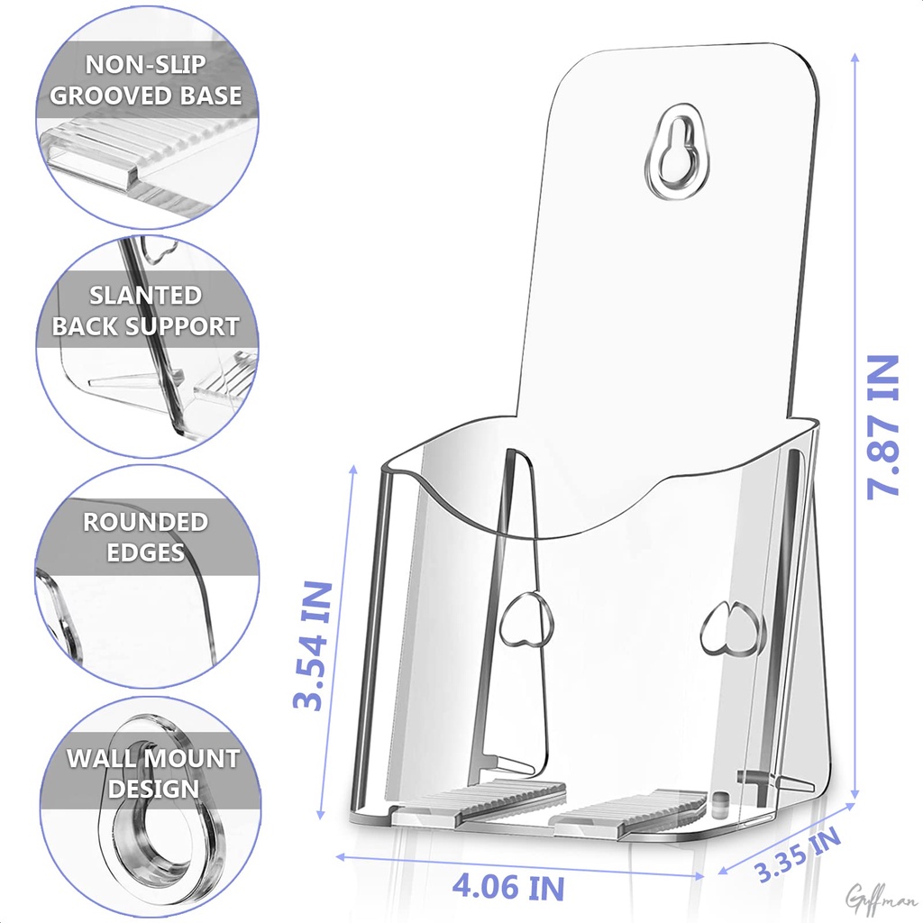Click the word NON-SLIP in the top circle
click(146, 64)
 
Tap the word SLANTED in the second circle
click(145, 296)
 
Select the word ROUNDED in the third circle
click(146, 522)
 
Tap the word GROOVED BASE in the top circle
click(146, 95)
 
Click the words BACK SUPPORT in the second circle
click(146, 326)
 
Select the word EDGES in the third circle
click(146, 553)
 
